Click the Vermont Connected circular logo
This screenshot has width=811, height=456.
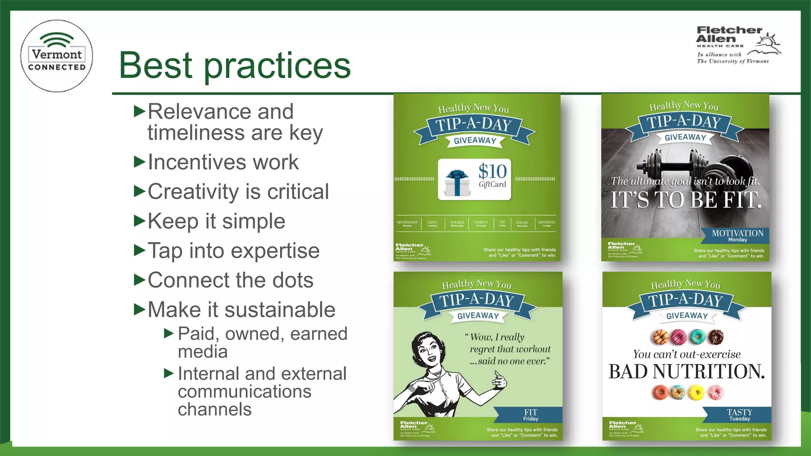[x=57, y=56]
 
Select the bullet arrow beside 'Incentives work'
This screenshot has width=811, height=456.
[x=140, y=161]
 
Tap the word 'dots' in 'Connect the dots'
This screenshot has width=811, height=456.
[x=293, y=280]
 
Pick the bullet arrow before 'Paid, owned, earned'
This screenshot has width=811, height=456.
[x=169, y=334]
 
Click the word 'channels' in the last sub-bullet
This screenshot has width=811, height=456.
[x=215, y=409]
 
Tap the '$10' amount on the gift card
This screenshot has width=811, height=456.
[x=492, y=172]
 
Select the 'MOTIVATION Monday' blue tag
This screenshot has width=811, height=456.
[x=737, y=236]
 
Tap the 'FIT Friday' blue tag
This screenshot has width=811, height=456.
[x=531, y=415]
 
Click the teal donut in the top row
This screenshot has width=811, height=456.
[x=697, y=337]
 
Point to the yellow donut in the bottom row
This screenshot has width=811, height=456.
[x=696, y=393]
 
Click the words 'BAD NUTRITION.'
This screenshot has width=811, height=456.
[x=686, y=372]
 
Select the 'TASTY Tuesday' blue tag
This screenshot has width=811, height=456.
[x=739, y=415]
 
